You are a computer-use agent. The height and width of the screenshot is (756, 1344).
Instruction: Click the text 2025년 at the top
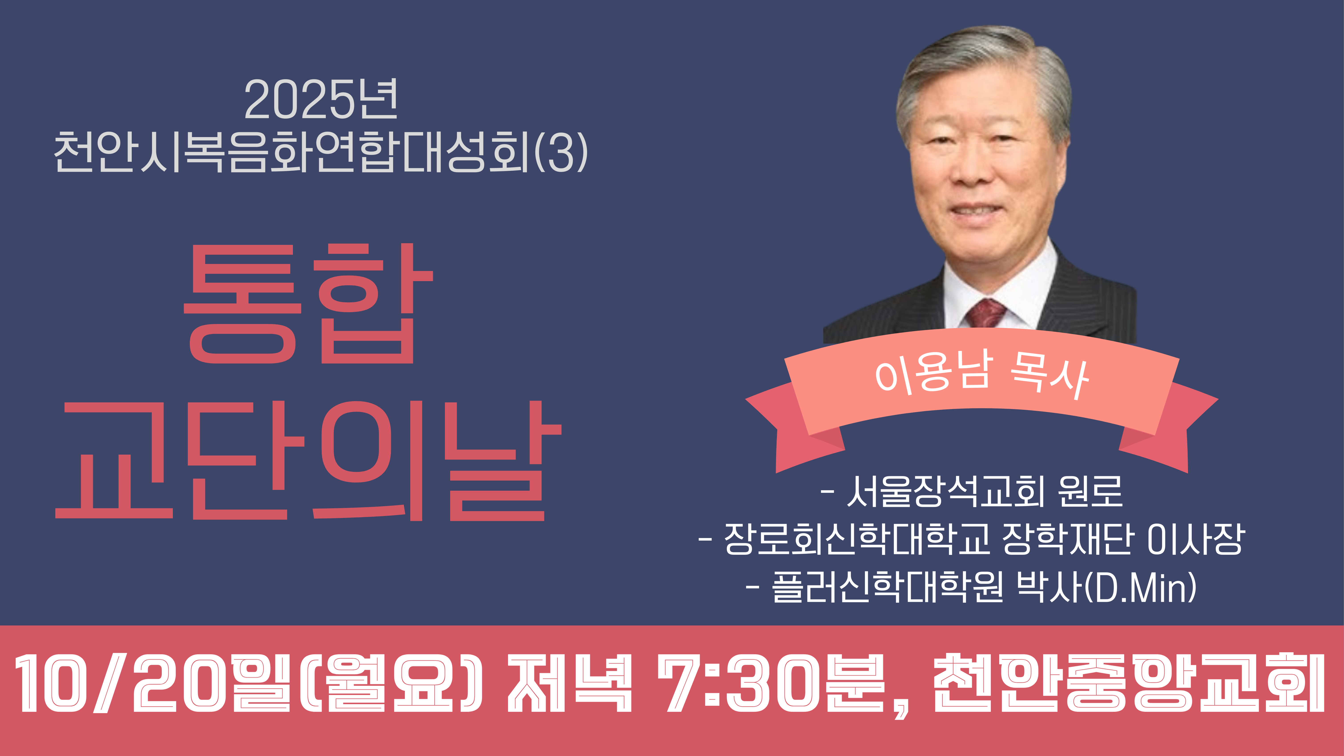(x=321, y=99)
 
